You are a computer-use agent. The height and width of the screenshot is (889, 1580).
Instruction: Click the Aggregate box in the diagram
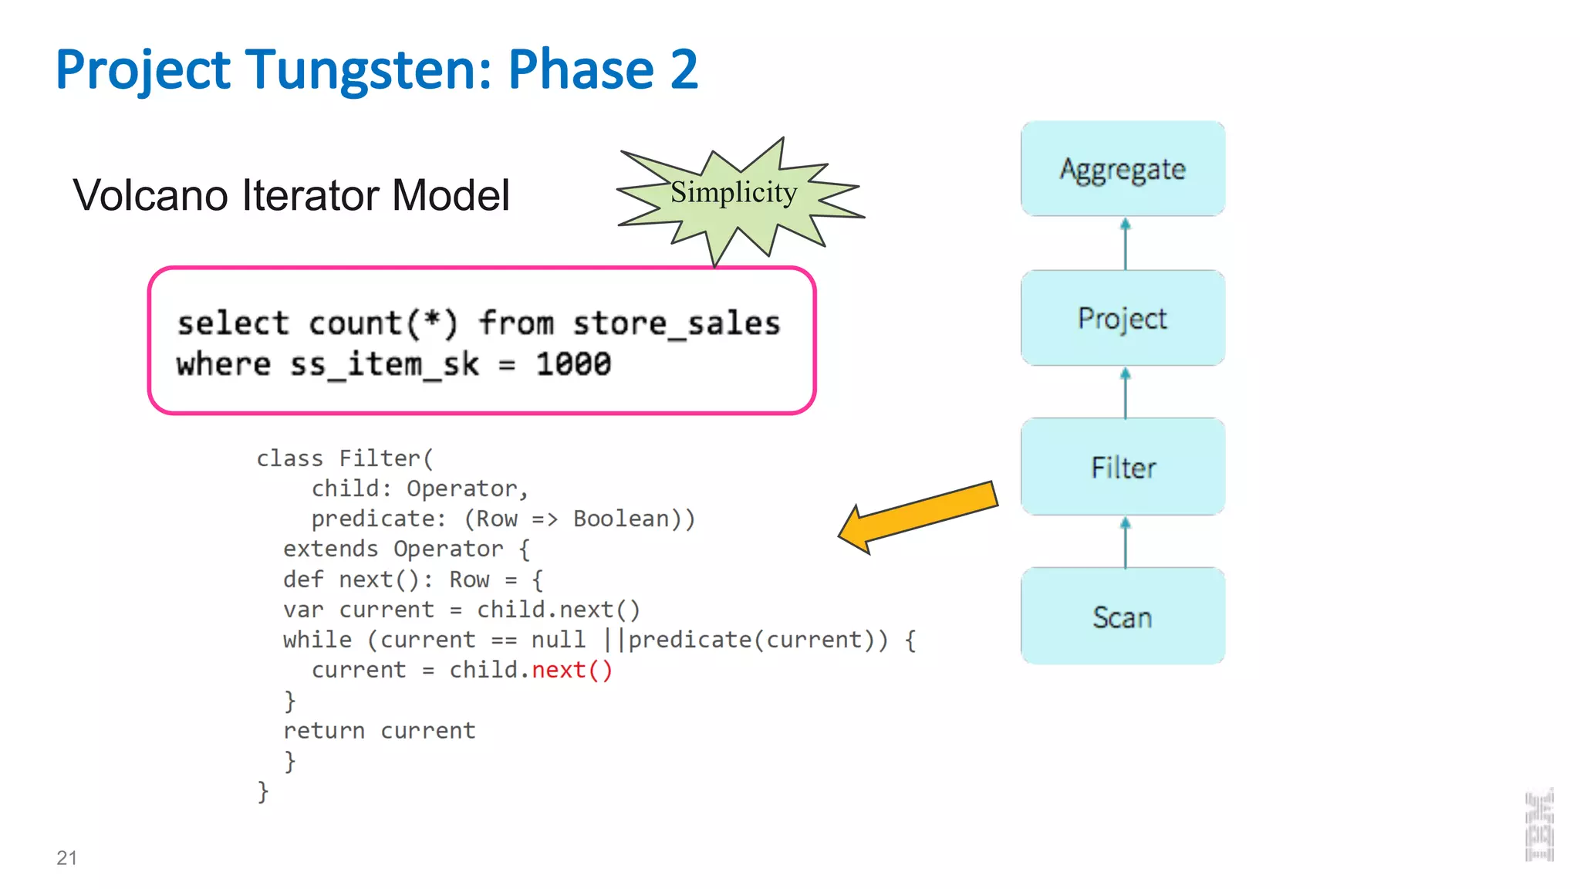[1123, 168]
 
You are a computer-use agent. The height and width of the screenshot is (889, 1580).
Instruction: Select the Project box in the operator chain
[1123, 318]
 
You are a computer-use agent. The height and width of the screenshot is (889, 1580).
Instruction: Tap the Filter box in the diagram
[1123, 467]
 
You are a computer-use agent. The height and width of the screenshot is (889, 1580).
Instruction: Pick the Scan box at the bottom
[1123, 617]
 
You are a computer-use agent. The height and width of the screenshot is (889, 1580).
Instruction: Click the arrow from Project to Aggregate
[1126, 244]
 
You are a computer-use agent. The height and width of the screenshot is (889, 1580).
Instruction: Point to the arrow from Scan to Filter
[1126, 543]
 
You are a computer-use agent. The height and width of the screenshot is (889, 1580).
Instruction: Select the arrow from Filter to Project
[1126, 393]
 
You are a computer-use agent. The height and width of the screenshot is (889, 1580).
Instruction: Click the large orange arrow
[918, 515]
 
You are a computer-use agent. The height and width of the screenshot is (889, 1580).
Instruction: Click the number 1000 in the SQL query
[573, 364]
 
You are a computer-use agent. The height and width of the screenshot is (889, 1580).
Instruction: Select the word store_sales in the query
[676, 323]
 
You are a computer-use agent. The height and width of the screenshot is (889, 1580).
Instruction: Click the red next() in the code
[572, 670]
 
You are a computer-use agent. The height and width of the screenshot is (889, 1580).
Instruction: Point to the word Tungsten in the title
[368, 69]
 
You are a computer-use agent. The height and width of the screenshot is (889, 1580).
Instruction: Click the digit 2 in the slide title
[684, 69]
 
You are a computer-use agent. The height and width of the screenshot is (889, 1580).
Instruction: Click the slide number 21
[66, 857]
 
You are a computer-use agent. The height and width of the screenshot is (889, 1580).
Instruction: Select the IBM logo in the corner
[1539, 825]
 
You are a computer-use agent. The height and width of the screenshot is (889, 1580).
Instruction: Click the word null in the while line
[559, 640]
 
